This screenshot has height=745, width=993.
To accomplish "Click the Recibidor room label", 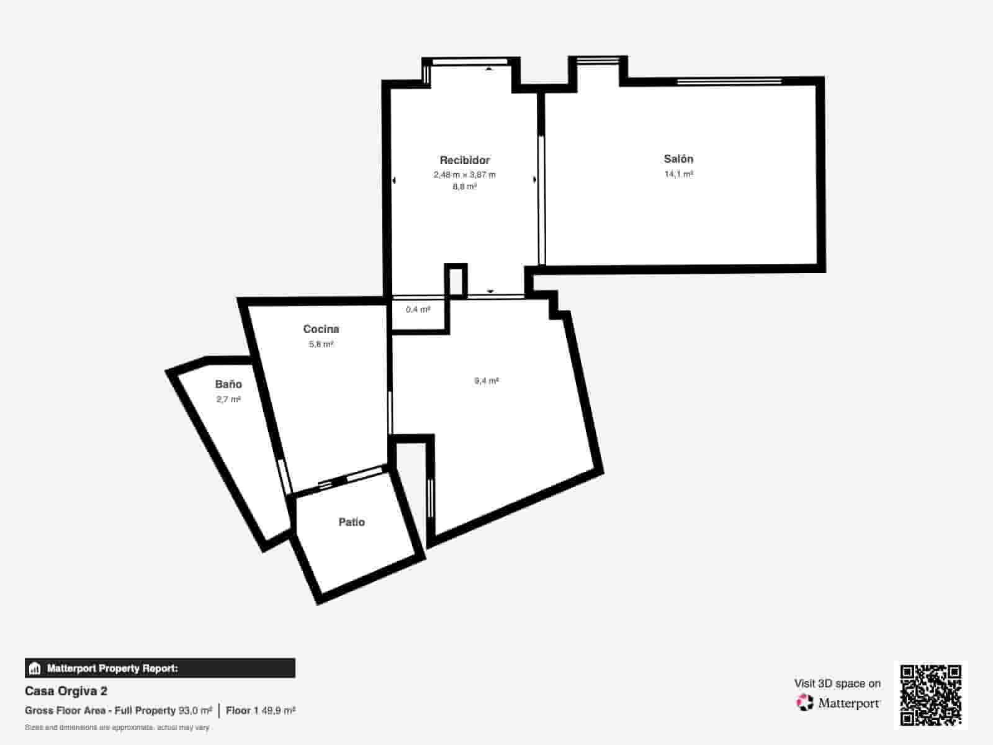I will tap(465, 160).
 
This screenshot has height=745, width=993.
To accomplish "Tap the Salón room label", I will tap(678, 159).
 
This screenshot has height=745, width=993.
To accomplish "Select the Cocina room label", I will tap(321, 329).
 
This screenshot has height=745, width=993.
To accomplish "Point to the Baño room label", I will tap(228, 384).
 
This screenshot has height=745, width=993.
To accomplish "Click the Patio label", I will tap(351, 522).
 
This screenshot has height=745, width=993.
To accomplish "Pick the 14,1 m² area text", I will tap(678, 174).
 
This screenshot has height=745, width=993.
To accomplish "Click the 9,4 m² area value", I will tap(487, 381).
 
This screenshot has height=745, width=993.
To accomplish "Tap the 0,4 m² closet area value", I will tap(418, 309).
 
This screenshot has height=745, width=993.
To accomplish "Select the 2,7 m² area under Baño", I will tap(228, 400).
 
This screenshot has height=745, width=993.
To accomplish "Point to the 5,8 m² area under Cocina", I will tap(321, 345).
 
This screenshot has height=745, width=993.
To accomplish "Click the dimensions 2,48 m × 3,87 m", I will tap(465, 175).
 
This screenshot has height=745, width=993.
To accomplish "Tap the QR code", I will tap(930, 695).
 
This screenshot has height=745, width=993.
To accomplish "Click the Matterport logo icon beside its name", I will tap(805, 703).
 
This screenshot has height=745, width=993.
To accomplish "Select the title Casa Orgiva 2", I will tap(66, 691).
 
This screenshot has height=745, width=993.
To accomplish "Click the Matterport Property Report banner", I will tap(160, 669).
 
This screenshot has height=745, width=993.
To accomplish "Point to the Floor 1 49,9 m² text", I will tap(261, 710).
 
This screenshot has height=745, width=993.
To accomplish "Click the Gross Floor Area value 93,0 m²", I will tap(195, 710).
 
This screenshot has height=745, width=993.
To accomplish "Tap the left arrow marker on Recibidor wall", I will tap(394, 181).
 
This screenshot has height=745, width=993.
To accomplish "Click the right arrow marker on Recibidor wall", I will tap(535, 180).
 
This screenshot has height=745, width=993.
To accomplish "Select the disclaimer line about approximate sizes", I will tap(117, 727).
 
